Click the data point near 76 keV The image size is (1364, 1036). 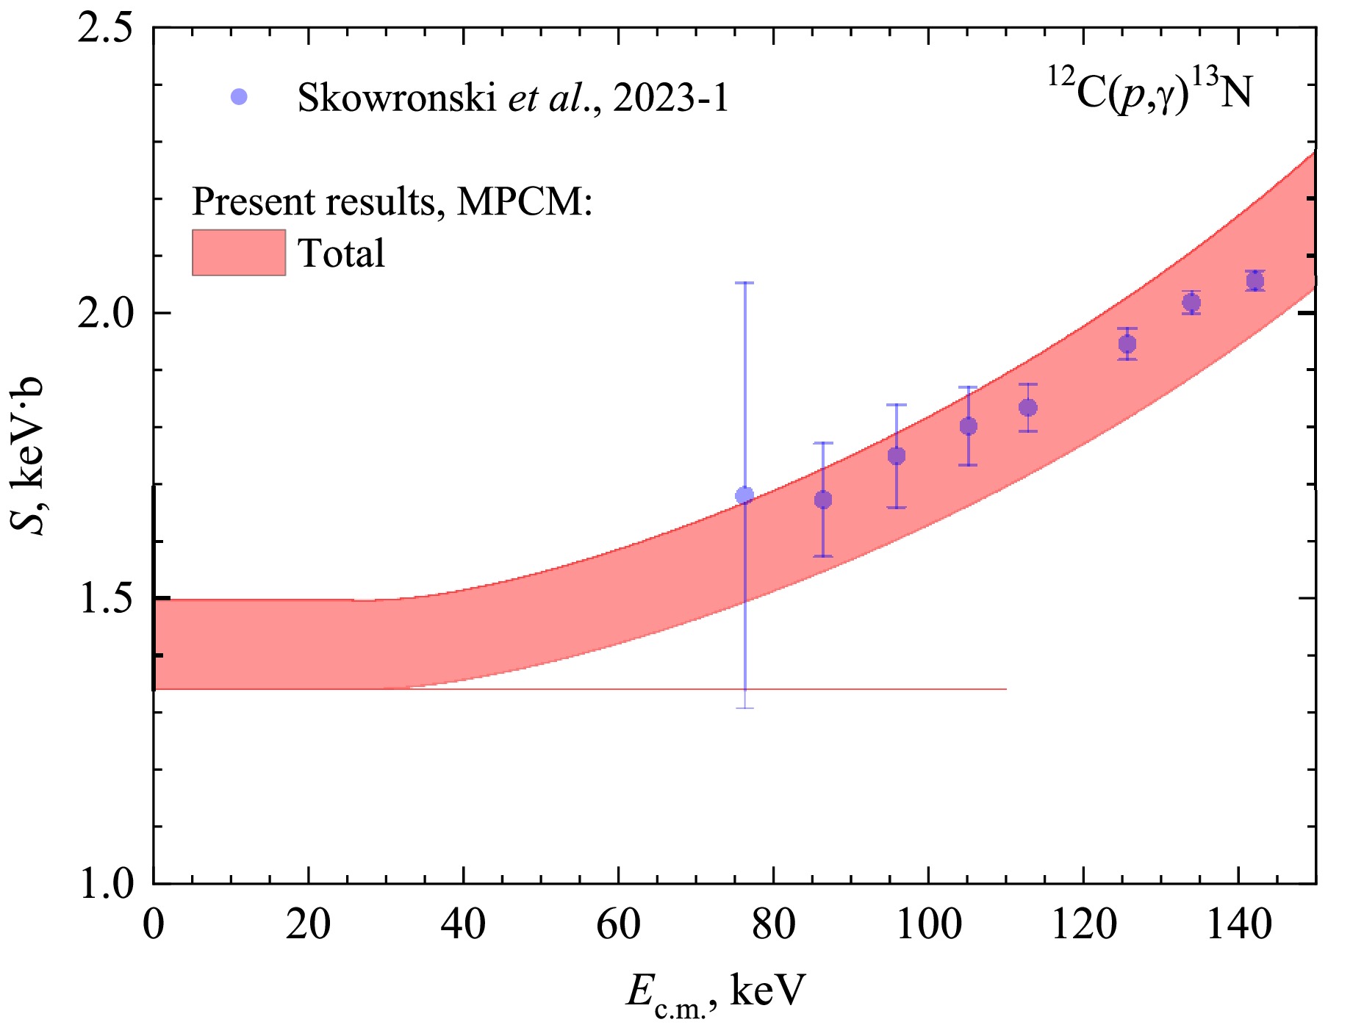click(x=744, y=495)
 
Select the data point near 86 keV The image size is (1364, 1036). click(x=823, y=500)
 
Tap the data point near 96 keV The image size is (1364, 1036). click(x=897, y=456)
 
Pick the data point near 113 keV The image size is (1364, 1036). click(x=1028, y=407)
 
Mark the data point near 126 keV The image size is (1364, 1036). click(x=1127, y=344)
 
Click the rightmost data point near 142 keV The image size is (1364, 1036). click(x=1255, y=281)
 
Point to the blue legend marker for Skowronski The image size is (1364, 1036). click(x=239, y=96)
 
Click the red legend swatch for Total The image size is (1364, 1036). click(x=239, y=252)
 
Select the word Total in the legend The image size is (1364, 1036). click(x=341, y=253)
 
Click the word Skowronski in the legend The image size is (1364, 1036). click(x=397, y=97)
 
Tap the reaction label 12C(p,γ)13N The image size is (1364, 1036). click(x=1149, y=92)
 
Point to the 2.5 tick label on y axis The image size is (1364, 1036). click(x=106, y=29)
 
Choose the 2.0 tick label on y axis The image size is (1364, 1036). click(x=106, y=314)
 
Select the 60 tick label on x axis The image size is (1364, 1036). click(x=618, y=924)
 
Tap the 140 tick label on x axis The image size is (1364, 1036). click(x=1239, y=924)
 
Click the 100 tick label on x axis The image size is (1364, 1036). click(x=929, y=924)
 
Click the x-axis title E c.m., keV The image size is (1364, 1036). click(x=716, y=993)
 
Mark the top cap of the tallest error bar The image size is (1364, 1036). click(x=744, y=283)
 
